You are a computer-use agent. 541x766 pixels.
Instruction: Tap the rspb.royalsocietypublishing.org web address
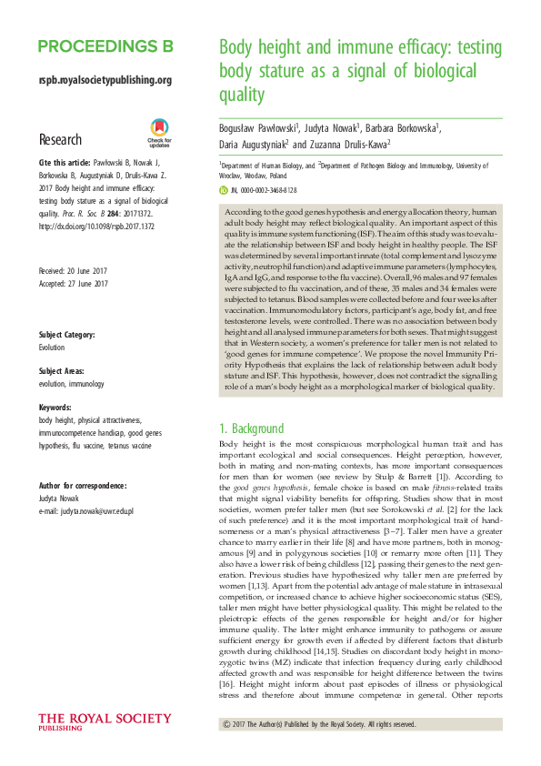pyautogui.click(x=105, y=80)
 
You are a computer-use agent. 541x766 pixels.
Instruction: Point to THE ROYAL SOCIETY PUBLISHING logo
pyautogui.click(x=104, y=722)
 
